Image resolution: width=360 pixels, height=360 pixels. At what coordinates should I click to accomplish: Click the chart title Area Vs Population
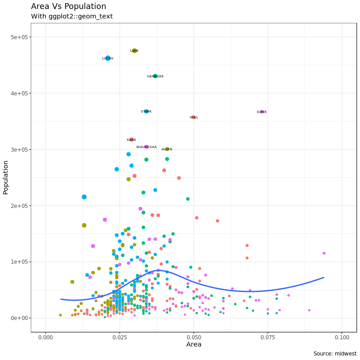tap(68, 6)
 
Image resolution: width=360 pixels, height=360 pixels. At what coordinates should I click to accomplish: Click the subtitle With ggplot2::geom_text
tap(72, 16)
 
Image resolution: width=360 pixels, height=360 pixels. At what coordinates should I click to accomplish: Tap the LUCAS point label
tap(108, 58)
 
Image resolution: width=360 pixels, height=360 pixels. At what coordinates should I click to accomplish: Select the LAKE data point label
tap(134, 51)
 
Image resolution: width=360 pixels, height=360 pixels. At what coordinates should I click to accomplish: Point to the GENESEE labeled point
tap(155, 76)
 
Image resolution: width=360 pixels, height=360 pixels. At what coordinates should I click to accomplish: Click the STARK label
tap(146, 112)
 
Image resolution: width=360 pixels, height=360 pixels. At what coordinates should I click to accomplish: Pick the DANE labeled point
tap(262, 112)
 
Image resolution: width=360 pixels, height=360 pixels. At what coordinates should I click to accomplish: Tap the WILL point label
tap(194, 117)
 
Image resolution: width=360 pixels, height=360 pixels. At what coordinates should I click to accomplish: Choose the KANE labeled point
tap(131, 140)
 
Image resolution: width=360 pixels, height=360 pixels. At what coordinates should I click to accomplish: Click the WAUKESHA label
tap(147, 147)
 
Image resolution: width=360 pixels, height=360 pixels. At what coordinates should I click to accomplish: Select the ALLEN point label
tap(167, 149)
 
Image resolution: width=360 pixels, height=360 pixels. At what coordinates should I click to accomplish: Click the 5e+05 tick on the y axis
tap(19, 37)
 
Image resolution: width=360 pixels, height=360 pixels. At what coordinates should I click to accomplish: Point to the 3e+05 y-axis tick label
tap(19, 149)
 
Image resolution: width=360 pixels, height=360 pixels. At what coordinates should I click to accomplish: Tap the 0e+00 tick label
tap(19, 318)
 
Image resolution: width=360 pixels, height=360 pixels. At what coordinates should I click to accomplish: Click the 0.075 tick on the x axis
tap(268, 337)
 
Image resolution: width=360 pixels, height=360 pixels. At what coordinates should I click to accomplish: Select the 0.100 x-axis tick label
tap(342, 337)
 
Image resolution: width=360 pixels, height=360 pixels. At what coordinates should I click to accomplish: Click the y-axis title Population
tap(6, 177)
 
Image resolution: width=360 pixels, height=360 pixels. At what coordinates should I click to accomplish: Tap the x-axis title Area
tap(193, 345)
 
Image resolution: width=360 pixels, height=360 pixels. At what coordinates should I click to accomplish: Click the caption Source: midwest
tap(335, 354)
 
